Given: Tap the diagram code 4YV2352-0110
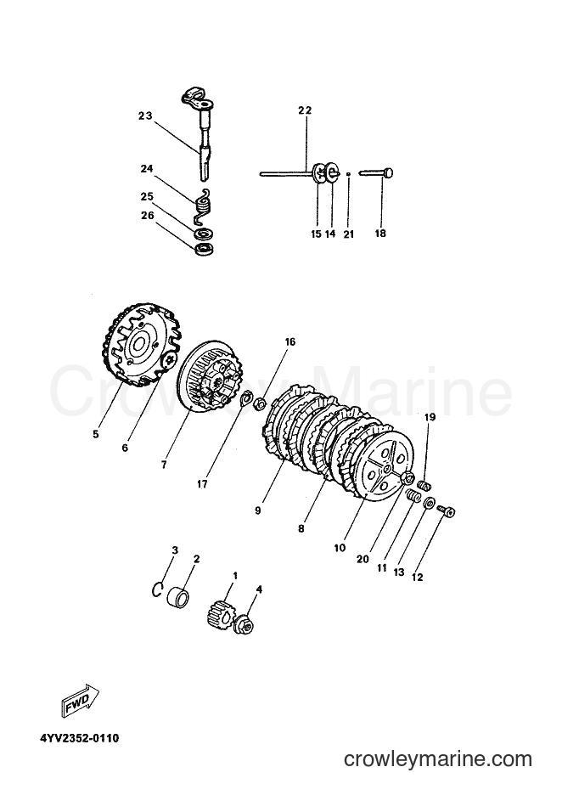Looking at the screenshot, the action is pos(80,738).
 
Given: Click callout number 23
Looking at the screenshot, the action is pos(145,116).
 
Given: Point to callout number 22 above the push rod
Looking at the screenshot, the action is pos(305,110).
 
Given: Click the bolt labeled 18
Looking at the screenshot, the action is pos(377,173).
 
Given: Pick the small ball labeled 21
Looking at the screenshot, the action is pos(349,174).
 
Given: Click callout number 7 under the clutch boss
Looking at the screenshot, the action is pos(164,465).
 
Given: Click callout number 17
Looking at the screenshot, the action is pos(202,484).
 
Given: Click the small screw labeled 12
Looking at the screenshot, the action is pos(446,510).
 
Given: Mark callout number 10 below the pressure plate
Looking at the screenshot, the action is pos(340,548).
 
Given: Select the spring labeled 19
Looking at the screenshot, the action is pos(424,484).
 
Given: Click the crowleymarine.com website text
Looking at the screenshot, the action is pos(438,759).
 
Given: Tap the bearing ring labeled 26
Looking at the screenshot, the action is pos(205,250).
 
